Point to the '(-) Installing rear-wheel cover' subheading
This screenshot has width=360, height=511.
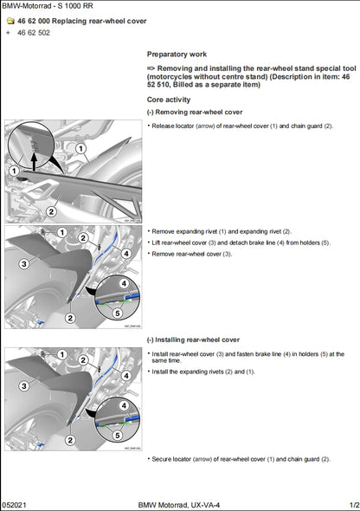tap(193, 340)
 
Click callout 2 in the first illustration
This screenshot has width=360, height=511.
tap(52, 210)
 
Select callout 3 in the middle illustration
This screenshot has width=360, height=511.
tap(24, 263)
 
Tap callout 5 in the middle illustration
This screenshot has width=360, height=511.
tap(117, 312)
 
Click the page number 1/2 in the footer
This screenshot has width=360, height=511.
tap(353, 504)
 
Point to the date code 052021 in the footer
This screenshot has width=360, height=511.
tap(15, 504)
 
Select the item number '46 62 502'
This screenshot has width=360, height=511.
tap(34, 33)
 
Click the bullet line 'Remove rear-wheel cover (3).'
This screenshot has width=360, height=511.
tap(192, 254)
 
